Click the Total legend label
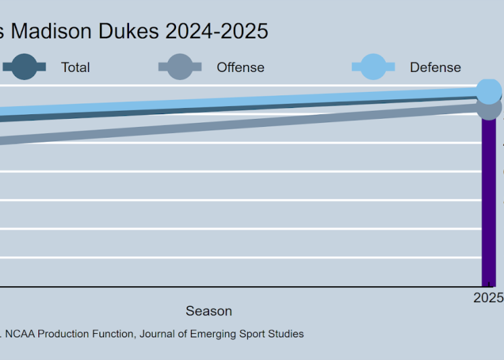click(x=75, y=67)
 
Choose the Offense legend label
click(x=240, y=67)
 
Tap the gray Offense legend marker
click(x=179, y=66)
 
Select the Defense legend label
click(x=435, y=67)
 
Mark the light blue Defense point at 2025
click(x=489, y=91)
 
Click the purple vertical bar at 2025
click(x=489, y=201)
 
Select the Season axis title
click(x=209, y=311)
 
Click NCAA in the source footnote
click(x=21, y=334)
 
